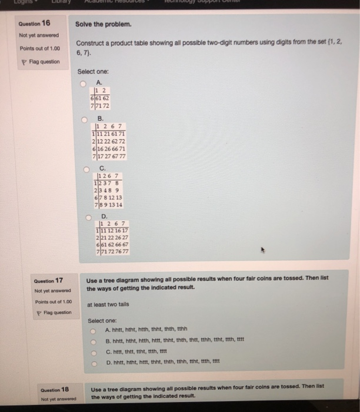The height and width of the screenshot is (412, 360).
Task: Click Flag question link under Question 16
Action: coord(34,61)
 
